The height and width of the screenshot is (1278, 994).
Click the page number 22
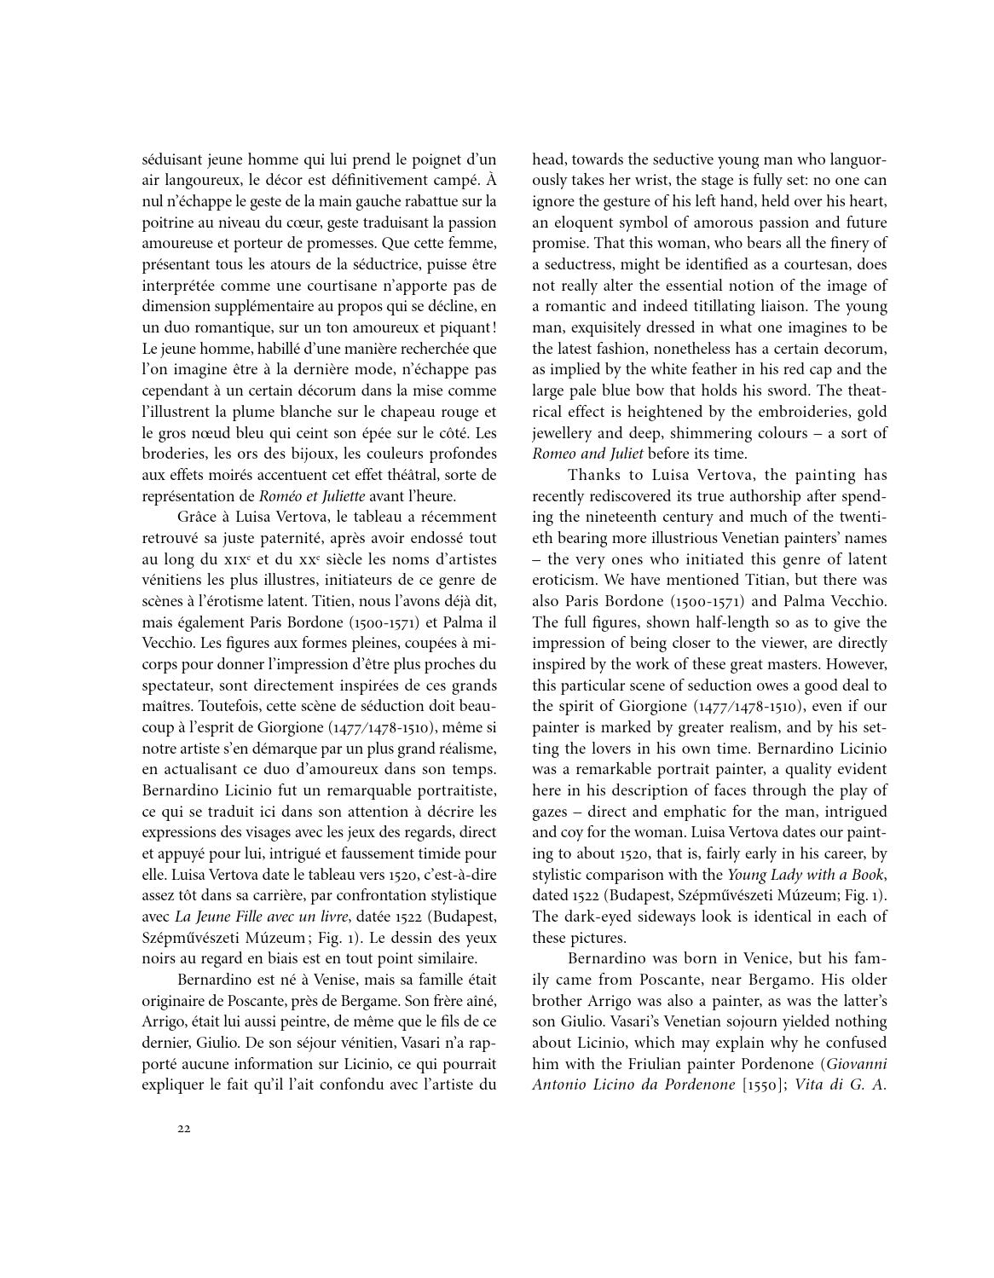(184, 1129)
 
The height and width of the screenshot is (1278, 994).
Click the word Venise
(309, 980)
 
